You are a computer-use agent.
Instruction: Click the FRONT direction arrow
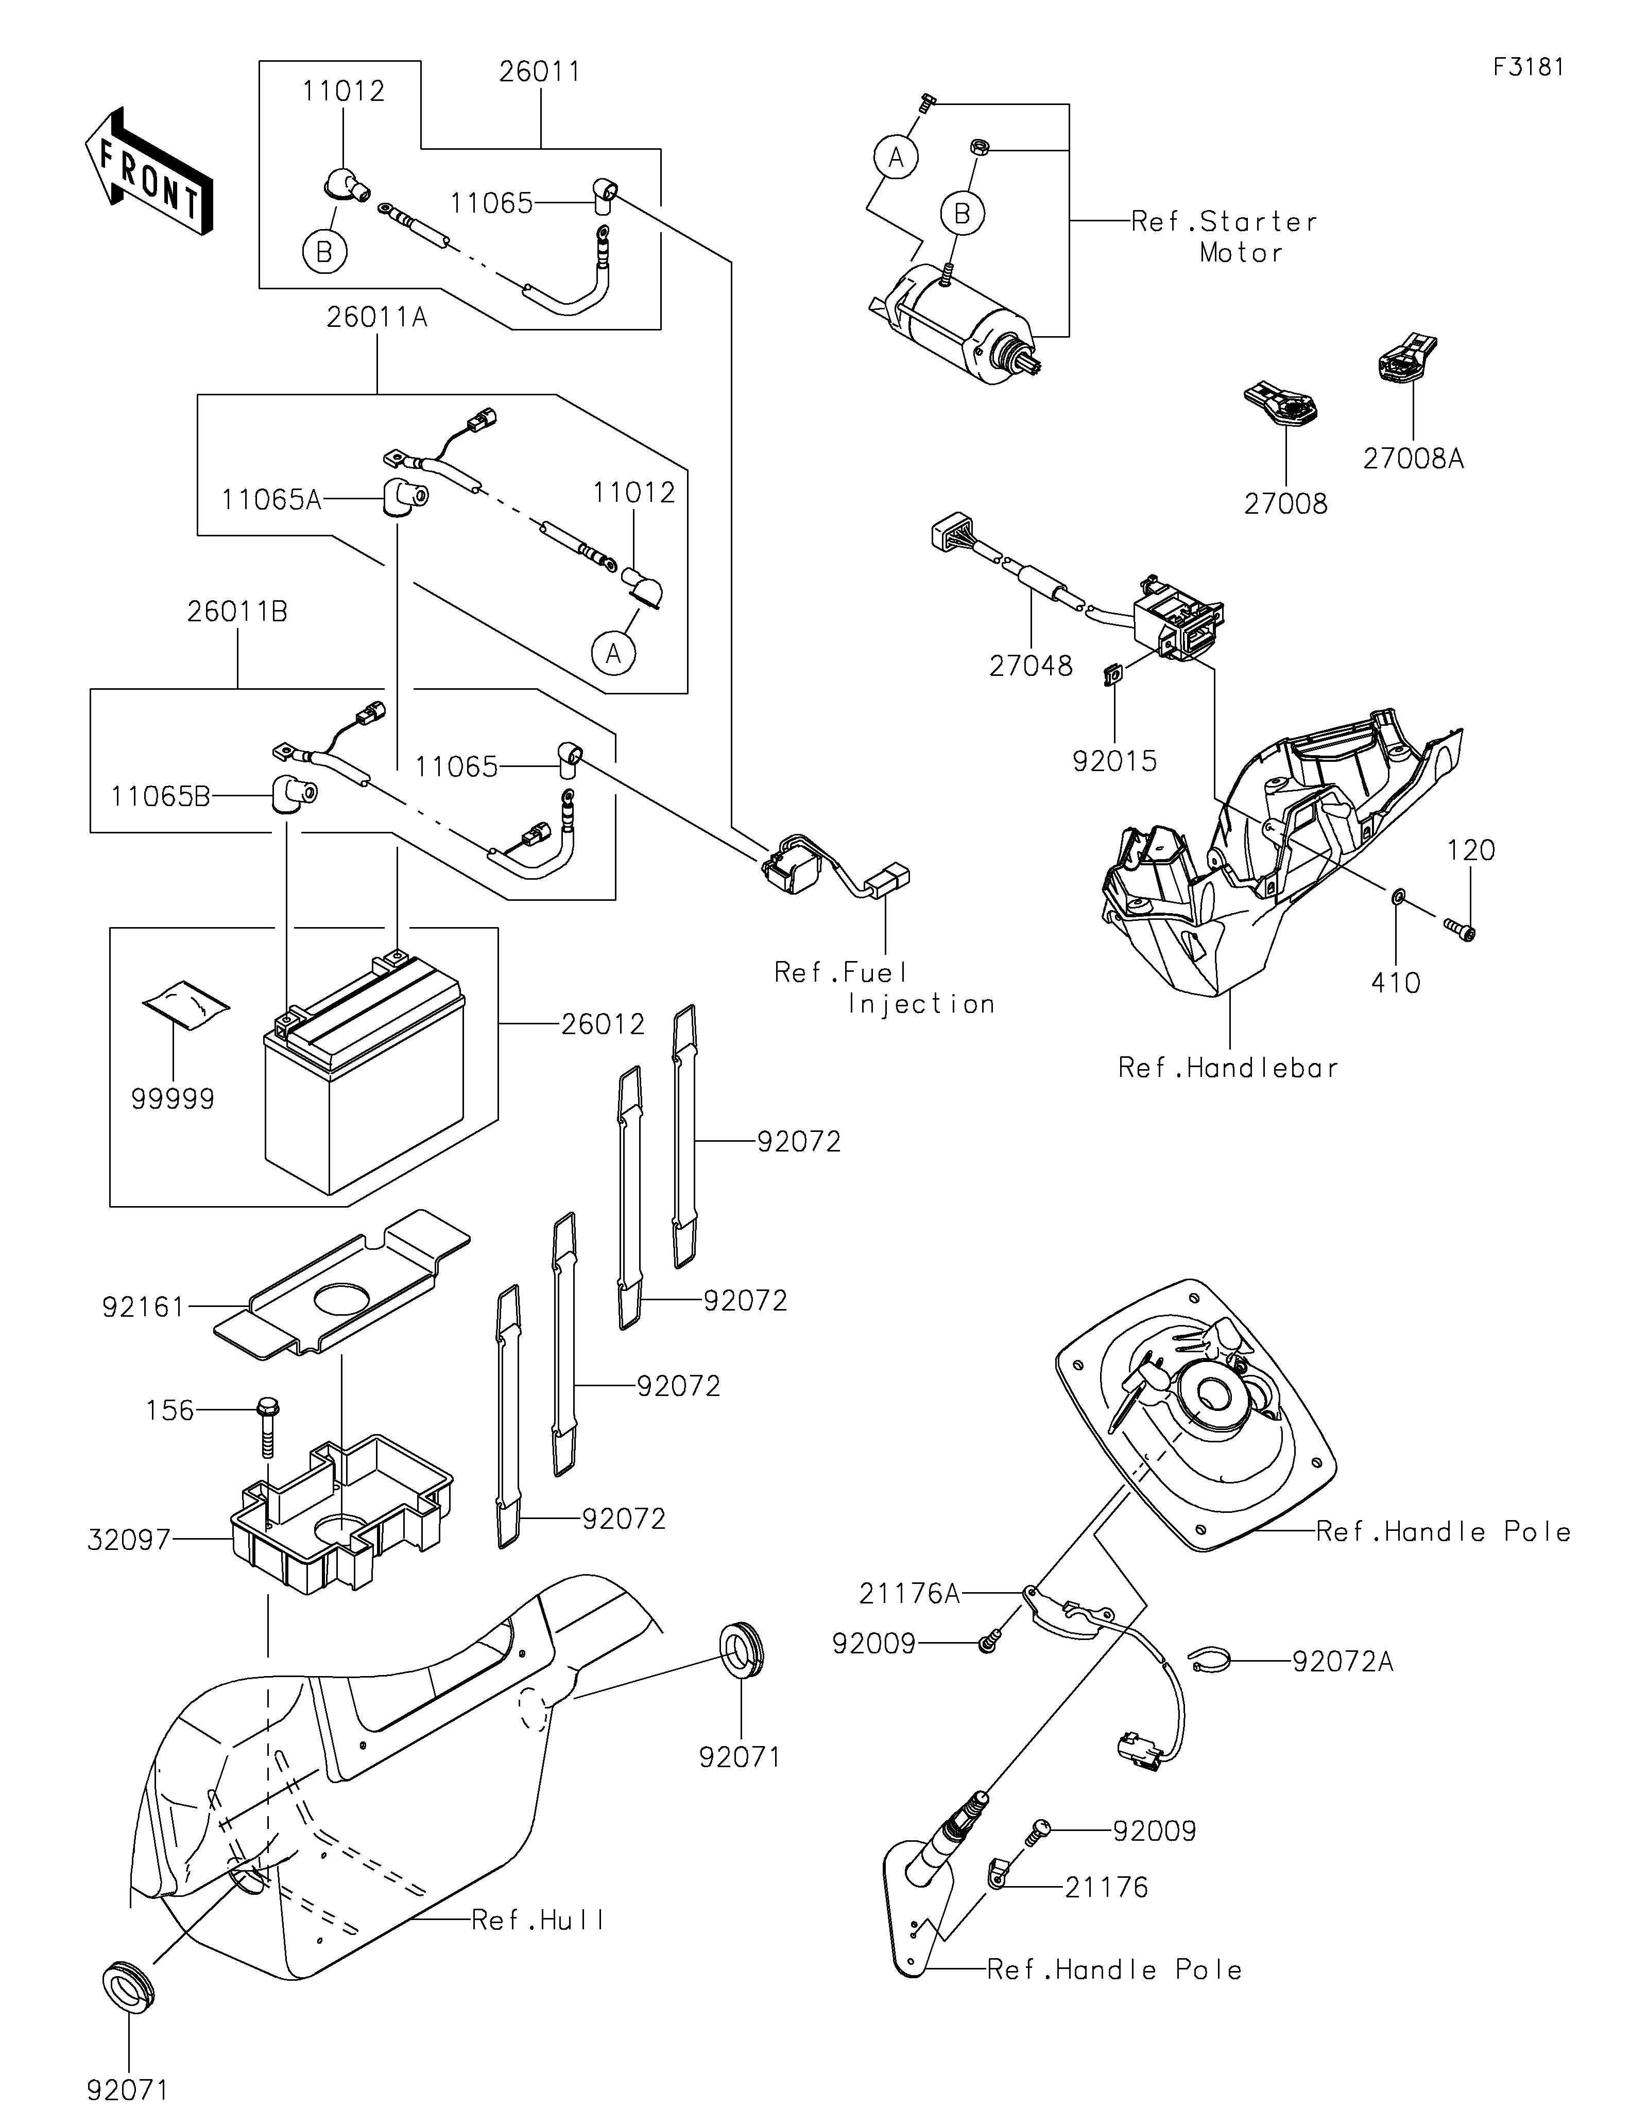(x=148, y=170)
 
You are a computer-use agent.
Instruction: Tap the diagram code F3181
(x=1528, y=67)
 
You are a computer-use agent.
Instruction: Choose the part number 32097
(x=129, y=1541)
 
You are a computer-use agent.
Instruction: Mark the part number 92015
(x=1115, y=761)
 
